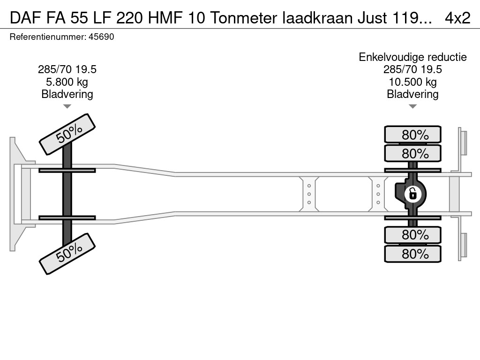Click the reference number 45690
101,37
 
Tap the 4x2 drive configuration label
457,18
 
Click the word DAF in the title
26,18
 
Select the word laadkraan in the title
317,18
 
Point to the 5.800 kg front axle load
67,82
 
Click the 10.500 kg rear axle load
412,82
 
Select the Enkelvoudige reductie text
412,57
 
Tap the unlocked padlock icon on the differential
412,194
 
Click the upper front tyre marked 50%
67,135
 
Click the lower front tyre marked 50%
67,254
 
